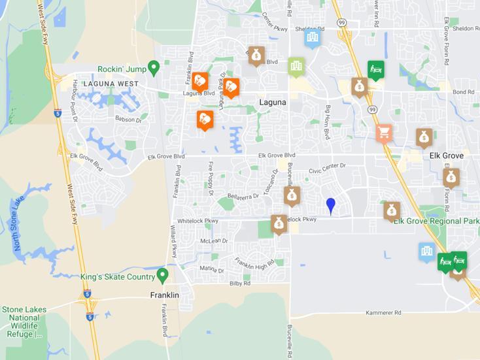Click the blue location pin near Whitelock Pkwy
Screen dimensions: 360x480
[331, 206]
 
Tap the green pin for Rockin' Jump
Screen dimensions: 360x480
[154, 67]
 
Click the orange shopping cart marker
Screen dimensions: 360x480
[384, 133]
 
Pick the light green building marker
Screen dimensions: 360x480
[296, 65]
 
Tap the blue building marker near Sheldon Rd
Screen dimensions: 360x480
[313, 37]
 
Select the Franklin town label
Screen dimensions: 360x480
[164, 295]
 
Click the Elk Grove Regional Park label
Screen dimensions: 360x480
[436, 221]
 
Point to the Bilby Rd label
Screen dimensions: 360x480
[240, 284]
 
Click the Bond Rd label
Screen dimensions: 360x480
[462, 93]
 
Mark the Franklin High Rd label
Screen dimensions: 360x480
[254, 265]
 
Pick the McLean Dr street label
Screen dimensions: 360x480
[214, 241]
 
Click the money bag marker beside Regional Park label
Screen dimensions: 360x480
[392, 210]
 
